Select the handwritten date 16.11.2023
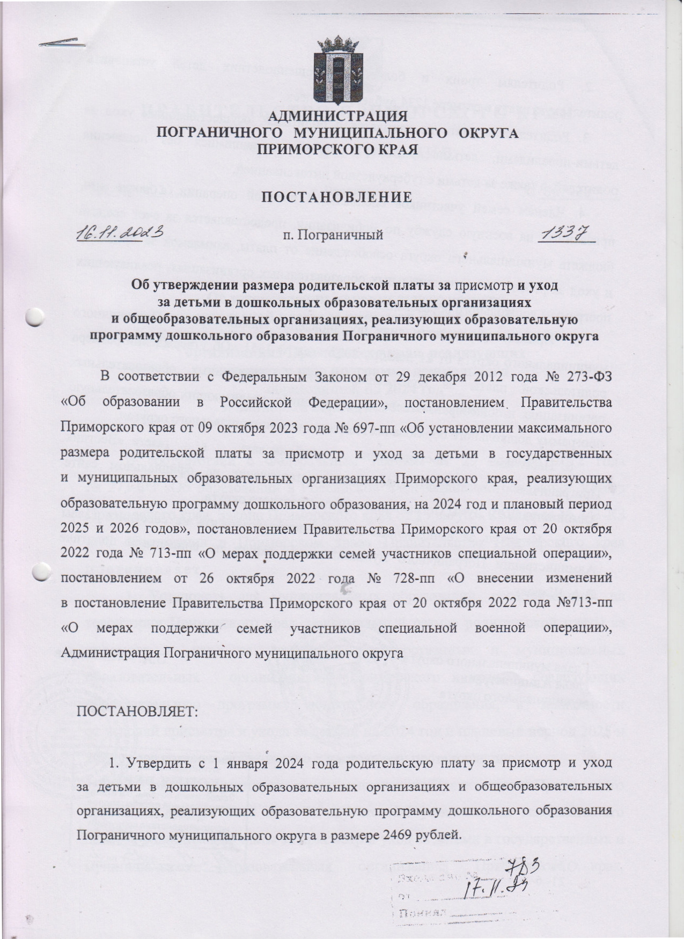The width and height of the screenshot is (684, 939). tap(119, 233)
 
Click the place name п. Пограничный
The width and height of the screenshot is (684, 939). tap(333, 234)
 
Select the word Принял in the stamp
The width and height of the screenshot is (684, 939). tap(419, 914)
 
